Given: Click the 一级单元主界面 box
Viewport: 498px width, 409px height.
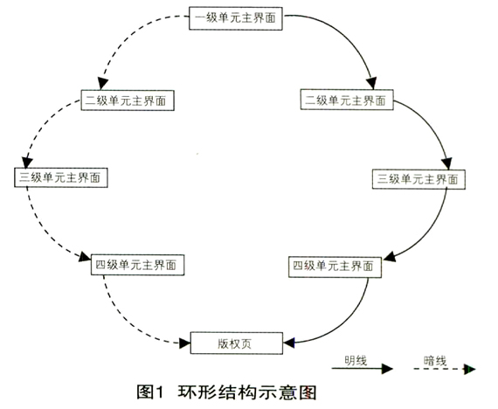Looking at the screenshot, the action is pyautogui.click(x=236, y=18).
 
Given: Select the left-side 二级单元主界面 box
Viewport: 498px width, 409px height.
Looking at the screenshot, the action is pyautogui.click(x=128, y=101).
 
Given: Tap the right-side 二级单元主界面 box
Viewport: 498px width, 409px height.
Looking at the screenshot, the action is pyautogui.click(x=347, y=100).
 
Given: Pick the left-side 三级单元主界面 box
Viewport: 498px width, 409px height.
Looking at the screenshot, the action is pyautogui.click(x=60, y=177).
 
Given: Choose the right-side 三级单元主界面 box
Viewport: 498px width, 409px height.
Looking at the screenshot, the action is pyautogui.click(x=418, y=179).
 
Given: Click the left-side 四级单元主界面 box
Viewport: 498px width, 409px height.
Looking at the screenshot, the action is pyautogui.click(x=137, y=265).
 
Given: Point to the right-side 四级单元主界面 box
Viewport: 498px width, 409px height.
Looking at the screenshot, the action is pyautogui.click(x=335, y=267).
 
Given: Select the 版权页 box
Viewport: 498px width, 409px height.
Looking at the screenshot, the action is pyautogui.click(x=236, y=343).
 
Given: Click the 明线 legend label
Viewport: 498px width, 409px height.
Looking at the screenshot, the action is pyautogui.click(x=356, y=360).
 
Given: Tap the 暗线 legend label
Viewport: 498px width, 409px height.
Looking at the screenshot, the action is pyautogui.click(x=434, y=361).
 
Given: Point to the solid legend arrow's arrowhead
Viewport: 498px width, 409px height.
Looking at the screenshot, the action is pyautogui.click(x=387, y=369).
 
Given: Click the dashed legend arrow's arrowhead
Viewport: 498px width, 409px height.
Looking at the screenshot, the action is pyautogui.click(x=469, y=369).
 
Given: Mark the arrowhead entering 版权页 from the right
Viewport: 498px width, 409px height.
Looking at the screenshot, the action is pyautogui.click(x=289, y=343).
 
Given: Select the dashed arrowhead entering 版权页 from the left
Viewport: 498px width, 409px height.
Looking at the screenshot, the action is pyautogui.click(x=184, y=343).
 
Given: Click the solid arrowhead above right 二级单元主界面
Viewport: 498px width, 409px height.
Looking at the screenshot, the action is pyautogui.click(x=371, y=83).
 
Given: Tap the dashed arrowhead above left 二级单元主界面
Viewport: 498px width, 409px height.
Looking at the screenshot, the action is pyautogui.click(x=102, y=84).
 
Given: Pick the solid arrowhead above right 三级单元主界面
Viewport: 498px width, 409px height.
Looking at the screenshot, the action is pyautogui.click(x=447, y=163).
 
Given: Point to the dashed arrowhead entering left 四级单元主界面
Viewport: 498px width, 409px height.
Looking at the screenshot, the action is pyautogui.click(x=85, y=256).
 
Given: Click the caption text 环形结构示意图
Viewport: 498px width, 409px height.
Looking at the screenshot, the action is pyautogui.click(x=247, y=392).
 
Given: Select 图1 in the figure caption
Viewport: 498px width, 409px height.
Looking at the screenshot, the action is pyautogui.click(x=149, y=392).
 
